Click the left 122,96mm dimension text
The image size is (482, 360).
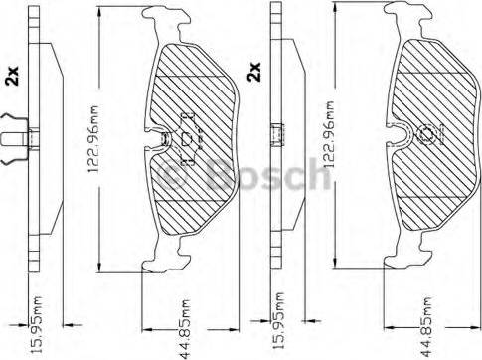(93, 139)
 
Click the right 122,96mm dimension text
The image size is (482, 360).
(328, 134)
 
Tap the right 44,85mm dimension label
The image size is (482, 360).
(426, 326)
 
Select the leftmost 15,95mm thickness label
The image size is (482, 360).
(37, 324)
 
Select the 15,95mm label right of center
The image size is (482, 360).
(278, 321)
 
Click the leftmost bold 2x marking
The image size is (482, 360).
(13, 76)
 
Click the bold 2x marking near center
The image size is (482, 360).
(254, 72)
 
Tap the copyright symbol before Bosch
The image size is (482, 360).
(172, 176)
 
